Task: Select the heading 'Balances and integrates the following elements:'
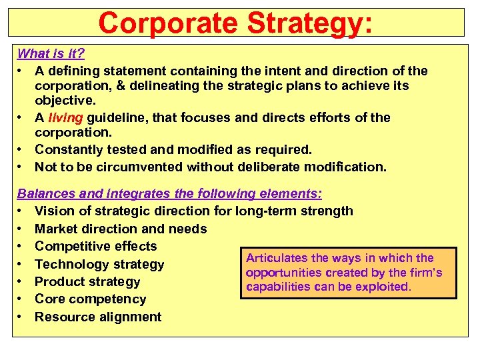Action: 169,194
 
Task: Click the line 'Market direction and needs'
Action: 121,229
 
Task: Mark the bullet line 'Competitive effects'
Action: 95,247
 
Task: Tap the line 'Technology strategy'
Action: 99,265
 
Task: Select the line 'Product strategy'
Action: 87,282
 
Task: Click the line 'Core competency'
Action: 90,299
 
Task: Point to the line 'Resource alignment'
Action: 98,317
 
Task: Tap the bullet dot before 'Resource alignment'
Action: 21,317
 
